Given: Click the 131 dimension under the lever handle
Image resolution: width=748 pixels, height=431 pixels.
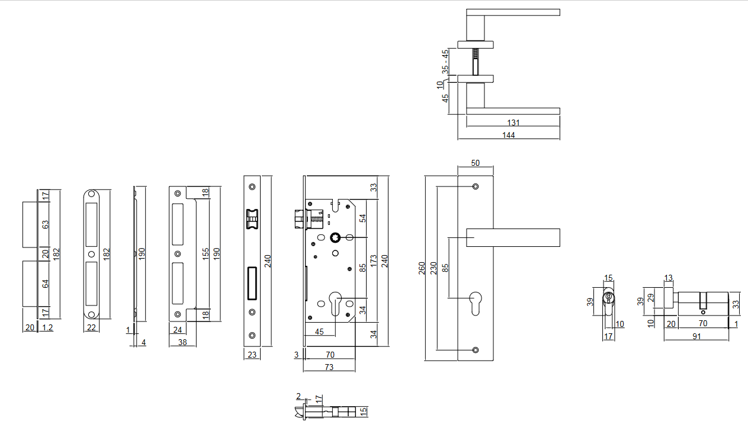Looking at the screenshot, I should click(513, 123).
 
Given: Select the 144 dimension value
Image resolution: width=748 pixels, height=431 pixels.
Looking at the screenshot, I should click(508, 135).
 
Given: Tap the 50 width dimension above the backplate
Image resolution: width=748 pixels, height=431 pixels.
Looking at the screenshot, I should click(475, 163).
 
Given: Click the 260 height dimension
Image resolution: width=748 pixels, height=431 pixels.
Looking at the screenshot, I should click(422, 268).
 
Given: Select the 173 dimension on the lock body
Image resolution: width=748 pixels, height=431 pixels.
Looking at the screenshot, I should click(373, 261).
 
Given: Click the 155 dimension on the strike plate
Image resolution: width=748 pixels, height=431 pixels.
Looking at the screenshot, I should click(205, 254).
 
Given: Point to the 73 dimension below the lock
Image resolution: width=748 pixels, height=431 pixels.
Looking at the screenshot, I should click(329, 367).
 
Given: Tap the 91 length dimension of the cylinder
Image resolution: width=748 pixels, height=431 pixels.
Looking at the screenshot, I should click(696, 336).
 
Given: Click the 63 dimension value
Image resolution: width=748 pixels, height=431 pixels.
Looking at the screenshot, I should click(45, 225).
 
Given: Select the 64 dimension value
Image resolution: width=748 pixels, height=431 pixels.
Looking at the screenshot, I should click(45, 283).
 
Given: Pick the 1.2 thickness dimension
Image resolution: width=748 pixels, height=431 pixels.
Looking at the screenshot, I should click(47, 327).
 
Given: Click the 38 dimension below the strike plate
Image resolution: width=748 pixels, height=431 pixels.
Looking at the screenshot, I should click(183, 342).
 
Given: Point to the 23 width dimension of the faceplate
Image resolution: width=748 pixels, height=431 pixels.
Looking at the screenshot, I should click(252, 355).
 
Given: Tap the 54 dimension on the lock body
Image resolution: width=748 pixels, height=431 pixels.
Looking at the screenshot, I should click(363, 218).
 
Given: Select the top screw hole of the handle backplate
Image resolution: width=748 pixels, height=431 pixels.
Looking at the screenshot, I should click(476, 187).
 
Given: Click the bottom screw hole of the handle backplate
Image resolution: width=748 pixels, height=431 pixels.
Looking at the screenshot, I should click(476, 349).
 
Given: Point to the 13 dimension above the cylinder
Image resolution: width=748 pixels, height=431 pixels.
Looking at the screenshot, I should click(669, 278).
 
